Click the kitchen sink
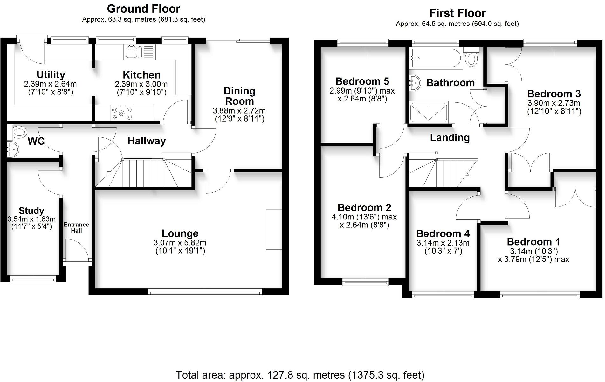(x=131, y=52)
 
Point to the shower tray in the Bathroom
(x=429, y=112)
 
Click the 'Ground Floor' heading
(x=143, y=9)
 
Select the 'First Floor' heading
(x=457, y=13)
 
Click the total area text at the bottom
(x=300, y=375)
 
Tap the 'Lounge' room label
(x=180, y=233)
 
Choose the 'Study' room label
(x=31, y=211)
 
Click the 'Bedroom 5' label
(x=362, y=81)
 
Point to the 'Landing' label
(x=450, y=138)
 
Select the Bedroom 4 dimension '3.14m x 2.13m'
(x=443, y=243)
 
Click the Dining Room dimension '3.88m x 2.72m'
(x=239, y=111)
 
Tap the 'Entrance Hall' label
(x=76, y=227)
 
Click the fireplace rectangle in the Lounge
(x=274, y=229)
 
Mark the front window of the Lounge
(x=205, y=292)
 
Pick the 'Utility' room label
(x=51, y=74)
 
